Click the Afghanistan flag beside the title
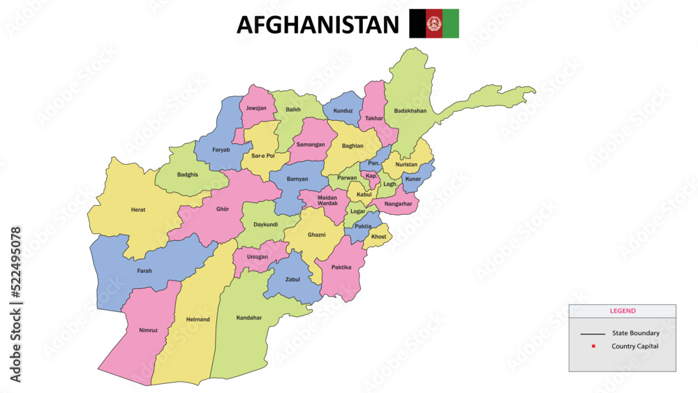click(x=433, y=24)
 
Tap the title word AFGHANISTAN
click(x=318, y=24)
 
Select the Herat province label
click(x=138, y=209)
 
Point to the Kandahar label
click(x=249, y=318)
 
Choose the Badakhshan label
click(x=410, y=110)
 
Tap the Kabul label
click(x=364, y=195)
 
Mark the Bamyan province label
click(x=297, y=179)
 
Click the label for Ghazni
click(x=316, y=235)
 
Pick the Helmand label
click(x=198, y=319)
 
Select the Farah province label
click(x=144, y=271)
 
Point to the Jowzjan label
click(x=256, y=108)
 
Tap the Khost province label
click(x=378, y=237)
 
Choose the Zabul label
click(x=292, y=279)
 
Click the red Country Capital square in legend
click(x=593, y=346)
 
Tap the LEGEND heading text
click(x=623, y=311)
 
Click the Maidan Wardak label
click(x=327, y=201)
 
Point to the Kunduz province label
click(x=343, y=111)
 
